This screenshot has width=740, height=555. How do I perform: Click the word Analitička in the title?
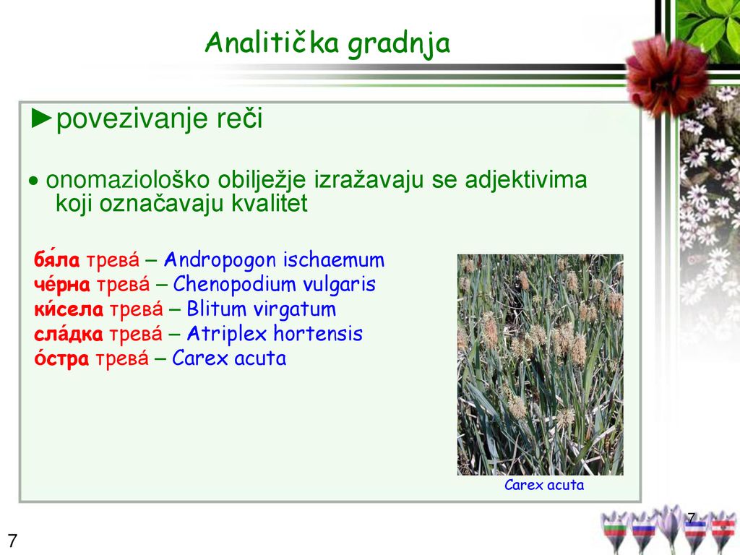[x=272, y=43]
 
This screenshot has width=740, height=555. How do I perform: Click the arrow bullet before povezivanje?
[x=41, y=119]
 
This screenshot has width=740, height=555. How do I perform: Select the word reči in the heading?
[x=240, y=118]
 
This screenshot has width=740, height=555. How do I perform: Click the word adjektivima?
[x=526, y=180]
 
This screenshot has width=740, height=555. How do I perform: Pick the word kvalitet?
[x=269, y=203]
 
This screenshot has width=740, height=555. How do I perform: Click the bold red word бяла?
[x=56, y=259]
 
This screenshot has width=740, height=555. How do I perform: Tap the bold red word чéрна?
[x=62, y=284]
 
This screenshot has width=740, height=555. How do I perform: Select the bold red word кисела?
[x=69, y=309]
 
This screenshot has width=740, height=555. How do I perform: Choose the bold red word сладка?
[x=68, y=334]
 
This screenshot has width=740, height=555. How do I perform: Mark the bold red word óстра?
[x=61, y=358]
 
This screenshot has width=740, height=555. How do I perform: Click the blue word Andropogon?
[x=220, y=260]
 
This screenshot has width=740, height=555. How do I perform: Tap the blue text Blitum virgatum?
[x=261, y=309]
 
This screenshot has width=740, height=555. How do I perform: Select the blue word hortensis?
[x=318, y=334]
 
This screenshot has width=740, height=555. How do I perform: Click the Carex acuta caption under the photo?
[x=544, y=485]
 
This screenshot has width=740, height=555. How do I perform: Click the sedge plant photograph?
[x=541, y=364]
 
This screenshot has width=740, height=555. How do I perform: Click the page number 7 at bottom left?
[x=13, y=541]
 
